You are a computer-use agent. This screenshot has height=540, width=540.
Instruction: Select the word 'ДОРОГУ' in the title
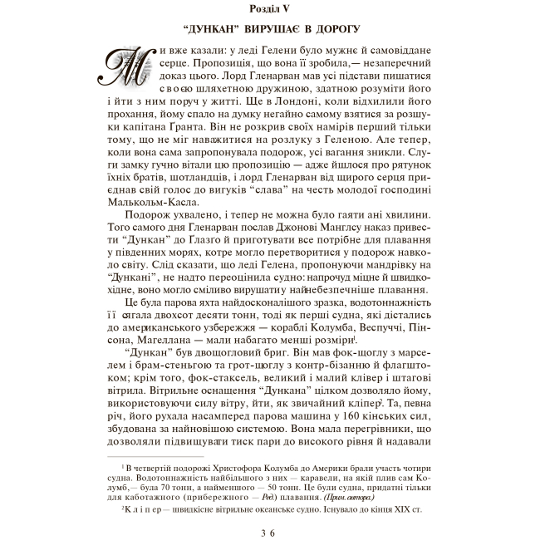[x=335, y=30]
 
